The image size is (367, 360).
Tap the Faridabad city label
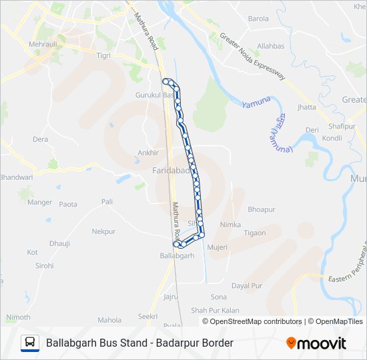[172, 171]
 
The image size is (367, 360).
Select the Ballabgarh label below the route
[177, 255]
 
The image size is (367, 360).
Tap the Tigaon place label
[254, 233]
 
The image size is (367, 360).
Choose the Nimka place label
[230, 225]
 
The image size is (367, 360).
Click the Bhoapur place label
[261, 209]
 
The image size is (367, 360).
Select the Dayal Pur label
[247, 285]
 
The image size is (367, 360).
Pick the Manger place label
[39, 202]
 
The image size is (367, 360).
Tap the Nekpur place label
[103, 231]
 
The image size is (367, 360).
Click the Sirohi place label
[44, 265]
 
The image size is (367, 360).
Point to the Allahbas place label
[271, 46]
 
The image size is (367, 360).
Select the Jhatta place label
[307, 107]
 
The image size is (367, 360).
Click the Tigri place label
[103, 55]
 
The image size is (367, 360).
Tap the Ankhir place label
[147, 153]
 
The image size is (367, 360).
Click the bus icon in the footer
[30, 343]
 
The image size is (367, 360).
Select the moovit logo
[316, 343]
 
